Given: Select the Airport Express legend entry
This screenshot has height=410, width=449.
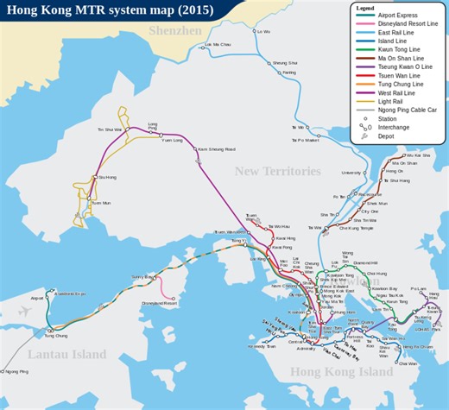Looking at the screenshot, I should [402, 16].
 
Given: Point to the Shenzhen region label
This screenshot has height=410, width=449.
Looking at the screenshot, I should [174, 31].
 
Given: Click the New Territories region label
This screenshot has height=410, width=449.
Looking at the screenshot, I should [277, 172].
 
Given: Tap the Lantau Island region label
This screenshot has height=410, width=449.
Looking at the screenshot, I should [67, 354].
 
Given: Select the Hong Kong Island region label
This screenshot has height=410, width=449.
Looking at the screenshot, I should [340, 372].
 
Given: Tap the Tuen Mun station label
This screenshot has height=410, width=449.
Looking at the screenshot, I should [101, 203].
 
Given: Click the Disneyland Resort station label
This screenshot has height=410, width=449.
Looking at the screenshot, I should [158, 304].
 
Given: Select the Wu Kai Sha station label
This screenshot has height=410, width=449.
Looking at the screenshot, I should [417, 155].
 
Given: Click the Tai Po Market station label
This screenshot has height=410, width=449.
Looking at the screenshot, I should [305, 139].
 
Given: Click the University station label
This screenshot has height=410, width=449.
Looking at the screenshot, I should [351, 173].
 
